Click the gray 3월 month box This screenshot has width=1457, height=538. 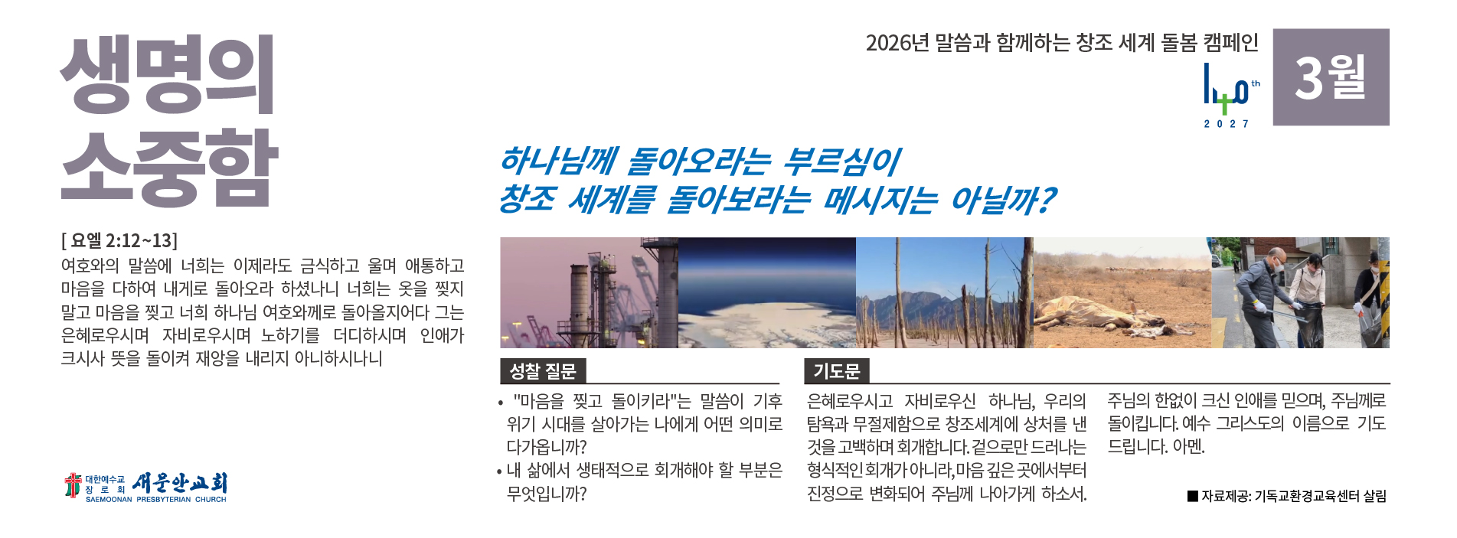click(1331, 77)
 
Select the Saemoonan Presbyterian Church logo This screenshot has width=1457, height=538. click(145, 487)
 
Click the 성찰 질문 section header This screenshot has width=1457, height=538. click(543, 371)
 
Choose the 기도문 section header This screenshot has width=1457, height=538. click(837, 371)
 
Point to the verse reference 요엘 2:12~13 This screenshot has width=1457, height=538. click(119, 240)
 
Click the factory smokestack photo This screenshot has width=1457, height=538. click(589, 292)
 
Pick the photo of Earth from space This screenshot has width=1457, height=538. click(767, 292)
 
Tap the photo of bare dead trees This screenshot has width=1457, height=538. click(945, 292)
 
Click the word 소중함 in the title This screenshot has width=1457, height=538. click(169, 168)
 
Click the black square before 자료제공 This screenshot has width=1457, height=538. click(1192, 496)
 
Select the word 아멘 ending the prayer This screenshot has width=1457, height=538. click(1188, 446)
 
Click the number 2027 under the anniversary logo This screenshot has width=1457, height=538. click(1227, 124)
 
